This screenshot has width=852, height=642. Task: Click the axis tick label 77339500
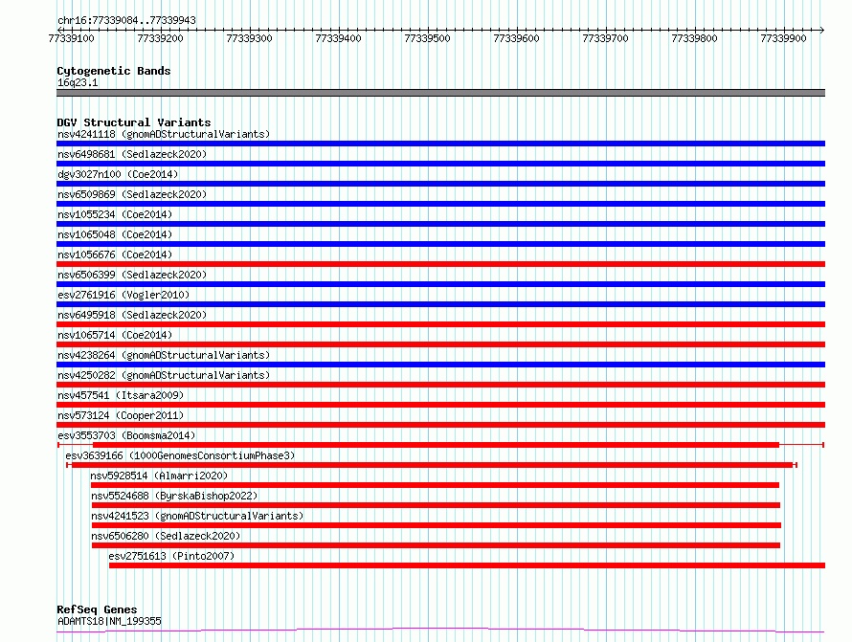tap(427, 38)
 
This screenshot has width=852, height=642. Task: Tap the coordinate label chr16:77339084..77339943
tap(126, 21)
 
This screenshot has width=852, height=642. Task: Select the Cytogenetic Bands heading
tap(114, 71)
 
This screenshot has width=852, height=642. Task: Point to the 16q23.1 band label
tap(78, 82)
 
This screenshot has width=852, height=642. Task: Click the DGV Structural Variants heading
tap(134, 122)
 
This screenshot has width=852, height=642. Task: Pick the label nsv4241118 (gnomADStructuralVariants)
tap(164, 134)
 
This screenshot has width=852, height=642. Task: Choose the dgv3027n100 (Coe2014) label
tap(118, 174)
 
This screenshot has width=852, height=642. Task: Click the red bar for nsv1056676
tap(440, 264)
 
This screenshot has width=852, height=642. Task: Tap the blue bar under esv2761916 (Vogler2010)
tap(440, 304)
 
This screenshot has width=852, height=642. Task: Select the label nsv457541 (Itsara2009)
tap(121, 395)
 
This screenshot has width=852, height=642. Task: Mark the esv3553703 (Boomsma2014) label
tap(126, 435)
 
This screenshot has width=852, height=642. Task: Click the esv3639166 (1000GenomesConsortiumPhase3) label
tap(180, 455)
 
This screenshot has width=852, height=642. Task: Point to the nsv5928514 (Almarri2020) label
tap(159, 476)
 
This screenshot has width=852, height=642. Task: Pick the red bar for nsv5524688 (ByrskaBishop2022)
tap(436, 505)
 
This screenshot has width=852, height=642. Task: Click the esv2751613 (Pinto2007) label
tap(171, 556)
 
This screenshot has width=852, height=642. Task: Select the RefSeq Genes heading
tap(97, 609)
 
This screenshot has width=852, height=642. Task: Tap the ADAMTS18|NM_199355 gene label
tap(109, 621)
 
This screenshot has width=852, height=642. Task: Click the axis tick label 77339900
tap(783, 38)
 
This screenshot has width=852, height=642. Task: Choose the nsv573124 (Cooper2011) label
tap(121, 415)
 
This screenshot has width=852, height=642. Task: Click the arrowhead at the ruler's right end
tap(822, 30)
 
